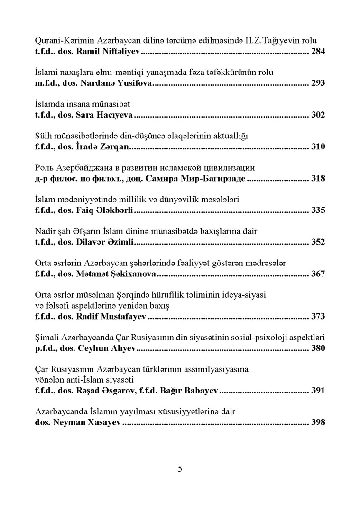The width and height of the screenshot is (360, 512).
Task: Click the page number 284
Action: (318, 51)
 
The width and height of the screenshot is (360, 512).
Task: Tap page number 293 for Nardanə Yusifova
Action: (318, 83)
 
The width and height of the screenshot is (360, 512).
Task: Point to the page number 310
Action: (318, 147)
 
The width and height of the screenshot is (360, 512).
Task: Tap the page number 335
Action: (318, 211)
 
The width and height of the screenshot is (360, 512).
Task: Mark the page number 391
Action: (318, 391)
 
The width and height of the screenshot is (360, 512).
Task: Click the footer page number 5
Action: (180, 469)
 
